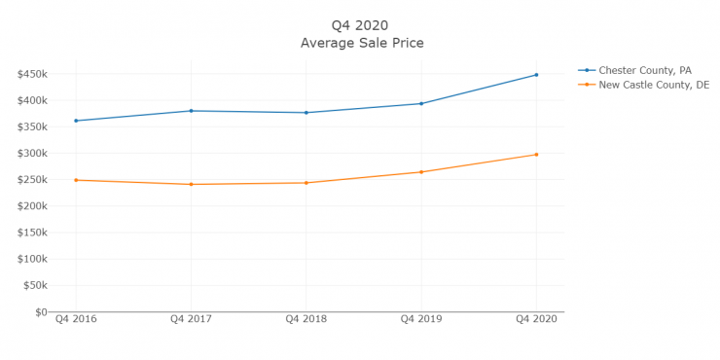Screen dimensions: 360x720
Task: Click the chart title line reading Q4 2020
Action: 361,25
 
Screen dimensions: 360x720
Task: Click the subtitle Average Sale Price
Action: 361,43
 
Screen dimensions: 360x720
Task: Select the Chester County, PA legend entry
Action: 648,70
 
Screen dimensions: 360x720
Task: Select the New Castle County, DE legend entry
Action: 653,86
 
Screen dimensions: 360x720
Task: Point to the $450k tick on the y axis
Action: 31,74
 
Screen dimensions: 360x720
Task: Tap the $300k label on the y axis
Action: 31,153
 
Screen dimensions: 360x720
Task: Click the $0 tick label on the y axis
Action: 39,312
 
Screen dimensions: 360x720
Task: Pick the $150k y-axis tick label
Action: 31,233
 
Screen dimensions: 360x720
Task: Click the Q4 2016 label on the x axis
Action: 75,320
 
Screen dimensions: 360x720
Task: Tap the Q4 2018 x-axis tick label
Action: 306,320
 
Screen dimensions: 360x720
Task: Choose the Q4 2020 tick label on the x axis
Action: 536,320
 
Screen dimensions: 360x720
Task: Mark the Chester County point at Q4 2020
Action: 536,75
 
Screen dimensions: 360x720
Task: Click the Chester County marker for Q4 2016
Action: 75,121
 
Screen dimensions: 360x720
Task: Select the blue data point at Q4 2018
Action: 306,113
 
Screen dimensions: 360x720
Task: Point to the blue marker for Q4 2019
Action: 421,103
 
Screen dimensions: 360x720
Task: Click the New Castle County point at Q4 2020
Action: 536,155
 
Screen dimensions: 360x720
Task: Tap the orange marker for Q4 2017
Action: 191,184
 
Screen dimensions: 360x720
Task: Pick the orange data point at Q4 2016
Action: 75,180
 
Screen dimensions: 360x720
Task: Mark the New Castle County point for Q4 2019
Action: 421,172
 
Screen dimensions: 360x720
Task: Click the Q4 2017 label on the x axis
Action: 191,320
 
